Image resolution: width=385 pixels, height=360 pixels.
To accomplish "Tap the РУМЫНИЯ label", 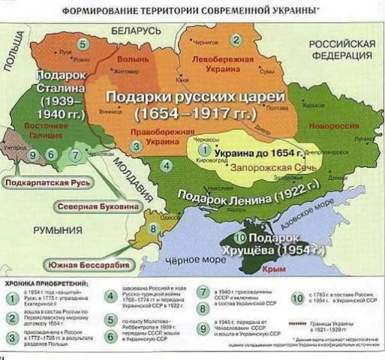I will (x=58, y=231).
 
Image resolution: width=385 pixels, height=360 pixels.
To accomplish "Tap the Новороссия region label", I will (x=334, y=126).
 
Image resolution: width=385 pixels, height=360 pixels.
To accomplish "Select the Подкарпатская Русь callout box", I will (x=48, y=182).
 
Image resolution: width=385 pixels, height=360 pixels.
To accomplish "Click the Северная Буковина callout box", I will (x=98, y=206).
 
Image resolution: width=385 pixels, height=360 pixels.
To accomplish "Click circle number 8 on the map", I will (x=152, y=229).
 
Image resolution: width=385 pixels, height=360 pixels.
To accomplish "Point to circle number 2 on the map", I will (x=236, y=40).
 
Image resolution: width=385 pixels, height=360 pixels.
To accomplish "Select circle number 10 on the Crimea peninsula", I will (x=240, y=238).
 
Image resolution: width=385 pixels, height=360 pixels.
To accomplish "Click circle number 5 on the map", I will (x=83, y=44).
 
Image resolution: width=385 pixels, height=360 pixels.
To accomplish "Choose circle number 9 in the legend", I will (x=204, y=328).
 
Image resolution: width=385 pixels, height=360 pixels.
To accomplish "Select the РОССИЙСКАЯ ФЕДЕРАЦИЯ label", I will (x=342, y=50).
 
